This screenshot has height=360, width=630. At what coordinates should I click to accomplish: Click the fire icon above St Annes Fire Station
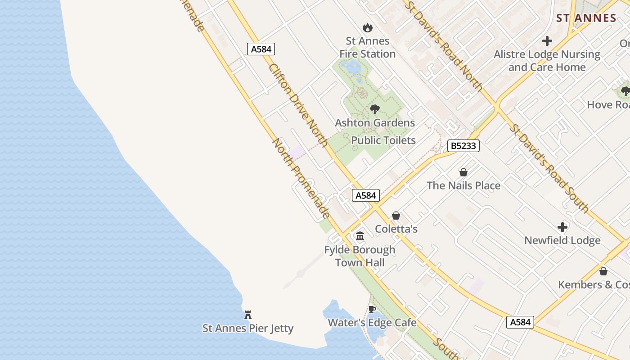coord(368,28)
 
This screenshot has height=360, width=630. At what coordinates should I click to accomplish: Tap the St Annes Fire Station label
coord(368,47)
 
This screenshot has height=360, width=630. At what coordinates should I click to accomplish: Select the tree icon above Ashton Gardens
coord(374,109)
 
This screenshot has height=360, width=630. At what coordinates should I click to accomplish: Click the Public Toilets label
coord(383,140)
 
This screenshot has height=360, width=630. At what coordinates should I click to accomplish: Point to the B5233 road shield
coord(463,146)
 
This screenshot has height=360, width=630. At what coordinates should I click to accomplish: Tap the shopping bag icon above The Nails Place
coord(463,172)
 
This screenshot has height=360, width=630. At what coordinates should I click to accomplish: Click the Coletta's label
coord(396,229)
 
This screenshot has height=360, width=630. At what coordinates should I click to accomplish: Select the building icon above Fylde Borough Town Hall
coord(360,236)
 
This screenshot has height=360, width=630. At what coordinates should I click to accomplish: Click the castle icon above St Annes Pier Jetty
coord(248,315)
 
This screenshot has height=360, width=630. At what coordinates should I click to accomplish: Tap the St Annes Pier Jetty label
coord(248,328)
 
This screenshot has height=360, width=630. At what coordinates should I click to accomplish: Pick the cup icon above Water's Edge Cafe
coord(372,309)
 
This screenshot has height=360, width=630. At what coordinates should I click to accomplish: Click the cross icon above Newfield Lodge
coord(562,227)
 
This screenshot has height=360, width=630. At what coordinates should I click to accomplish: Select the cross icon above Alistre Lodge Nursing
coord(547,41)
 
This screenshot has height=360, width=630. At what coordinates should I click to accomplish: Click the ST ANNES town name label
coord(586,18)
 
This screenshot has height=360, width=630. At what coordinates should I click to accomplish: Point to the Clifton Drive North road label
coord(298,105)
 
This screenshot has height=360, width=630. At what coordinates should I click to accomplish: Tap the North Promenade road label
coord(301,178)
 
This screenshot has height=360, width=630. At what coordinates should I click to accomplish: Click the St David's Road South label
coord(549,167)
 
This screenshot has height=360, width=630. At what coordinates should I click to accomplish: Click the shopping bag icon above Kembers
coord(603,271)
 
